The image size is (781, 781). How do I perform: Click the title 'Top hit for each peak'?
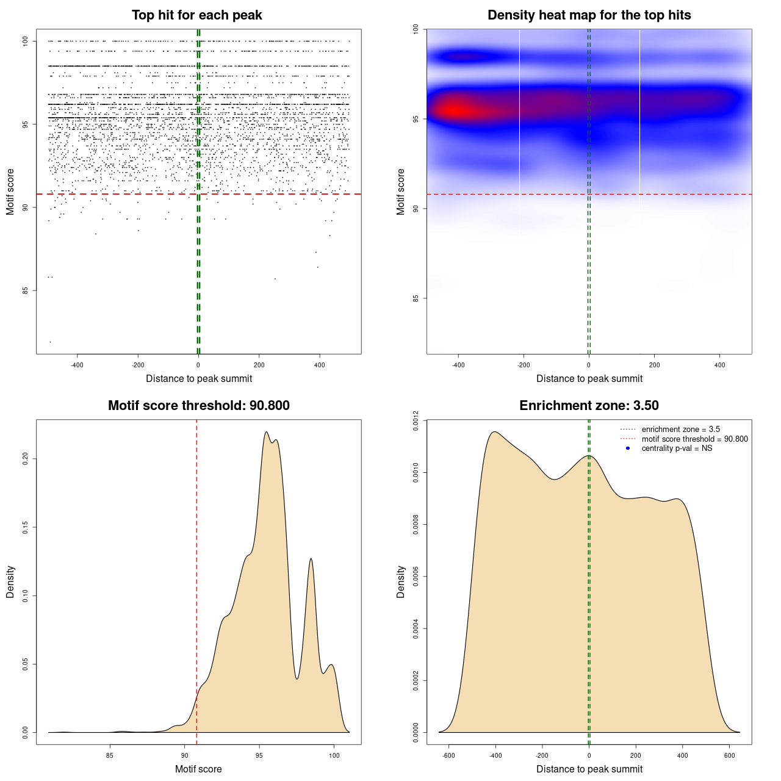(197, 15)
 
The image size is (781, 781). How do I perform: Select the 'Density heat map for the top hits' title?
(589, 15)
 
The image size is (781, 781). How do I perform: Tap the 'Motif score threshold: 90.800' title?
(198, 406)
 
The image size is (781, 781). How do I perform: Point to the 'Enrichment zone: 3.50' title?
(589, 406)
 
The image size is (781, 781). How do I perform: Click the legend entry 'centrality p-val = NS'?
(677, 448)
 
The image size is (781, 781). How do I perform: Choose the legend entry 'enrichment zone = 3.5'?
(680, 430)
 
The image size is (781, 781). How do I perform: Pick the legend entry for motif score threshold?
(694, 439)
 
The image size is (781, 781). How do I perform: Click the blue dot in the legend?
(628, 448)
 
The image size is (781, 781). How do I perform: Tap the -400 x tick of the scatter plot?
(77, 365)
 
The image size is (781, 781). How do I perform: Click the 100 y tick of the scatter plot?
(26, 41)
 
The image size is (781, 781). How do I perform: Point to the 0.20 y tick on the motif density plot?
(26, 458)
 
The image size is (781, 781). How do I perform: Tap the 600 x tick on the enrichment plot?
(729, 755)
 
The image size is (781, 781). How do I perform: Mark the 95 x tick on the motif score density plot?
(259, 755)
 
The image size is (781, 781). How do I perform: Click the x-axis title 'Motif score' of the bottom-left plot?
(198, 769)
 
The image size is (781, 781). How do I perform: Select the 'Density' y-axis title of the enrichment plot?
(401, 581)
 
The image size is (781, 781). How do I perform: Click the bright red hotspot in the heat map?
(456, 110)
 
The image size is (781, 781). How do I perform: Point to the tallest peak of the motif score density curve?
(267, 432)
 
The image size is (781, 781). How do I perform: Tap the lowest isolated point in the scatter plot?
(50, 342)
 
